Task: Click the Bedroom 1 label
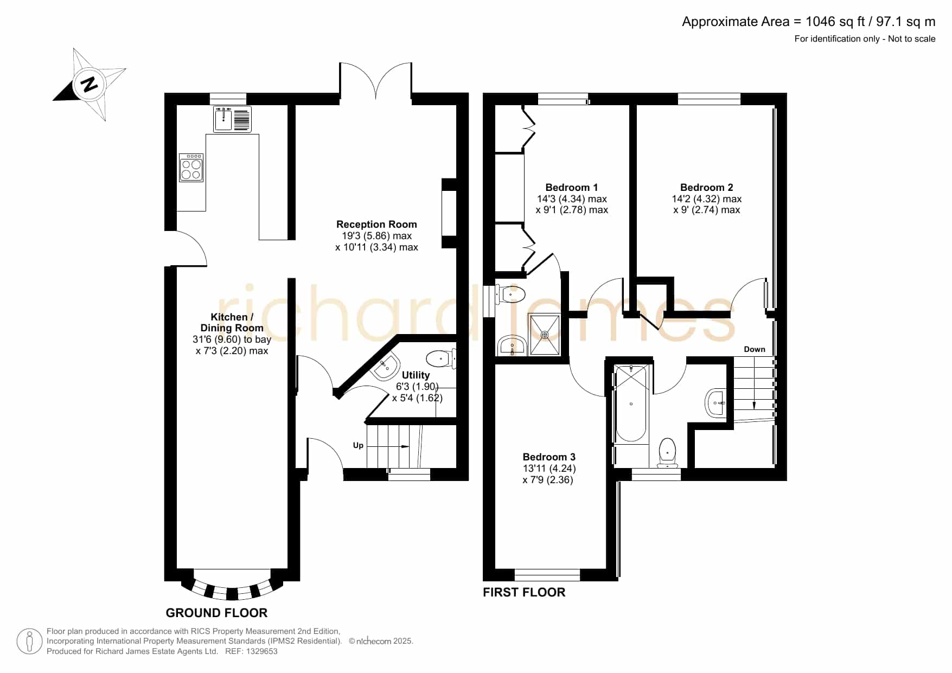point(572,188)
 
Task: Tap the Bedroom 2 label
point(706,188)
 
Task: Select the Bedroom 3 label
point(549,457)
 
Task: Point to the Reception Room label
point(376,225)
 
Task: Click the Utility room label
point(416,375)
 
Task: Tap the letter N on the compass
point(89,84)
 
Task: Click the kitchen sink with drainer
point(233,119)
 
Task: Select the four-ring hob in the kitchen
point(191,168)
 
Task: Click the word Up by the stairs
point(358,446)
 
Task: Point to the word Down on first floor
point(755,349)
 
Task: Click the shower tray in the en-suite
point(545,335)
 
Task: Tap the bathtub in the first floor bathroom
point(631,403)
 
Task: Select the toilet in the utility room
point(441,358)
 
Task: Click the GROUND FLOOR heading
point(216,613)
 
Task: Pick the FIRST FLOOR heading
point(524,592)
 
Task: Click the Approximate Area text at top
point(808,22)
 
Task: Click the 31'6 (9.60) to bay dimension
point(232,339)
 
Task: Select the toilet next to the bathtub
point(668,452)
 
